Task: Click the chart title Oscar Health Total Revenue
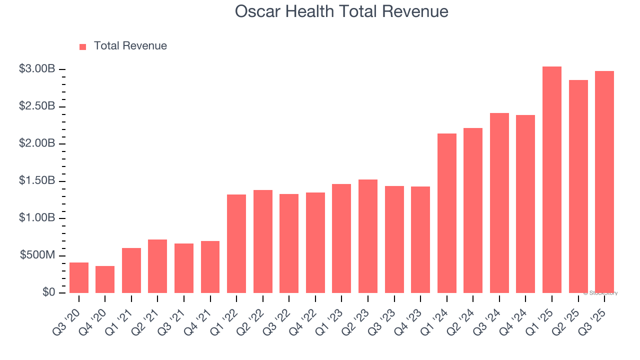341,11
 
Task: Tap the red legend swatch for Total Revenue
83,46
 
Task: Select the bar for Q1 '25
552,179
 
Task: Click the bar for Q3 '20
79,277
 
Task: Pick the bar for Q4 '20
105,279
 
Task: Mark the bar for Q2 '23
368,236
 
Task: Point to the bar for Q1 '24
447,213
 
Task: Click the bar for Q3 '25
604,182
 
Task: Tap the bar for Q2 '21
157,266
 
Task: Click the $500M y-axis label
37,255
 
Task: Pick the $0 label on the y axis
48,292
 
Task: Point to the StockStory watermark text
600,293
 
